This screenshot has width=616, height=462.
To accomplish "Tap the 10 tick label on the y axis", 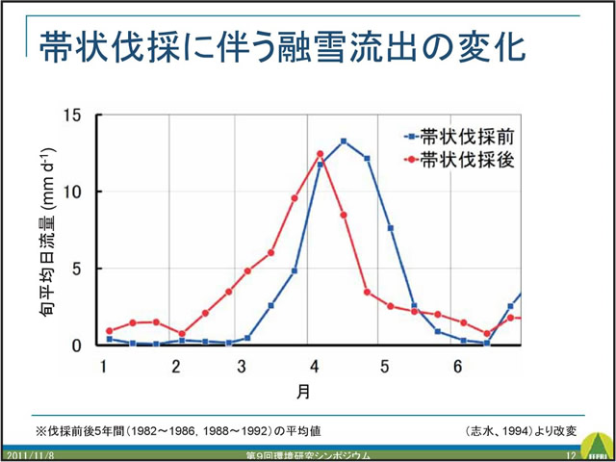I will (73, 192).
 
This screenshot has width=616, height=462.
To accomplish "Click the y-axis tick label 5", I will (78, 269).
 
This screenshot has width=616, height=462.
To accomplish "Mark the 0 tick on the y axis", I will (78, 345).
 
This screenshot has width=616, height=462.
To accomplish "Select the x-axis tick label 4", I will (315, 367).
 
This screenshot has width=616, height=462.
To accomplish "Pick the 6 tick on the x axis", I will (458, 367).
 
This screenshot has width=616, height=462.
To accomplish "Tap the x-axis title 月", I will (303, 392).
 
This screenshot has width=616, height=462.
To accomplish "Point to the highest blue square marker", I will (344, 141).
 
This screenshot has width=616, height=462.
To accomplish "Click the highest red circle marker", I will (321, 154).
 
